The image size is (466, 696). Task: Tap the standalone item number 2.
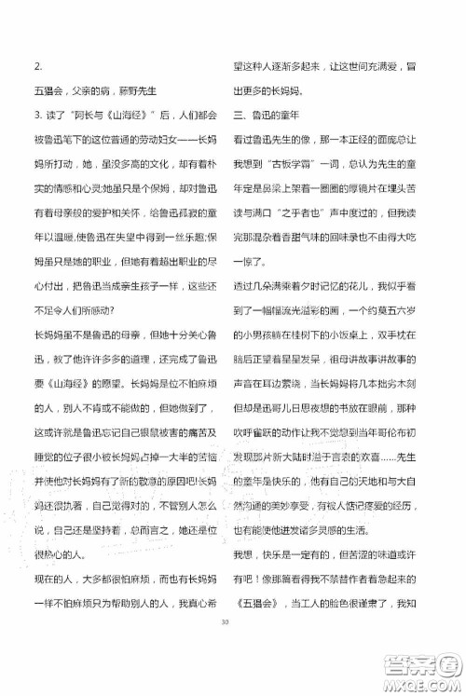coord(35,65)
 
